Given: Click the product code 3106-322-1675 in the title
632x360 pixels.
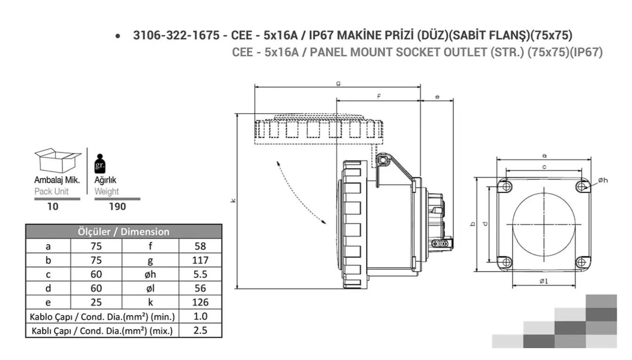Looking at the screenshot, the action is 176,35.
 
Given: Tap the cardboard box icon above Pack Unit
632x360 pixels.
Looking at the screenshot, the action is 58,160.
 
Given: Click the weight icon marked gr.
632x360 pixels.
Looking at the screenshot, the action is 100,164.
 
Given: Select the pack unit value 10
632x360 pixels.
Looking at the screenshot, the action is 53,206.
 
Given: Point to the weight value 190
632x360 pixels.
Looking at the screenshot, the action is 117,206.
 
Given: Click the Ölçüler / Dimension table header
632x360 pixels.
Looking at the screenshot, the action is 123,231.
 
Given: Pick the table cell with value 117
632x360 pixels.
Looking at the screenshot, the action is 200,260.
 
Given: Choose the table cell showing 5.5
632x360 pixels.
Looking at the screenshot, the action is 200,274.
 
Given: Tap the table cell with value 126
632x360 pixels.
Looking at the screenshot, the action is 200,302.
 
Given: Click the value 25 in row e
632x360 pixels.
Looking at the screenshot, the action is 96,302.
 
